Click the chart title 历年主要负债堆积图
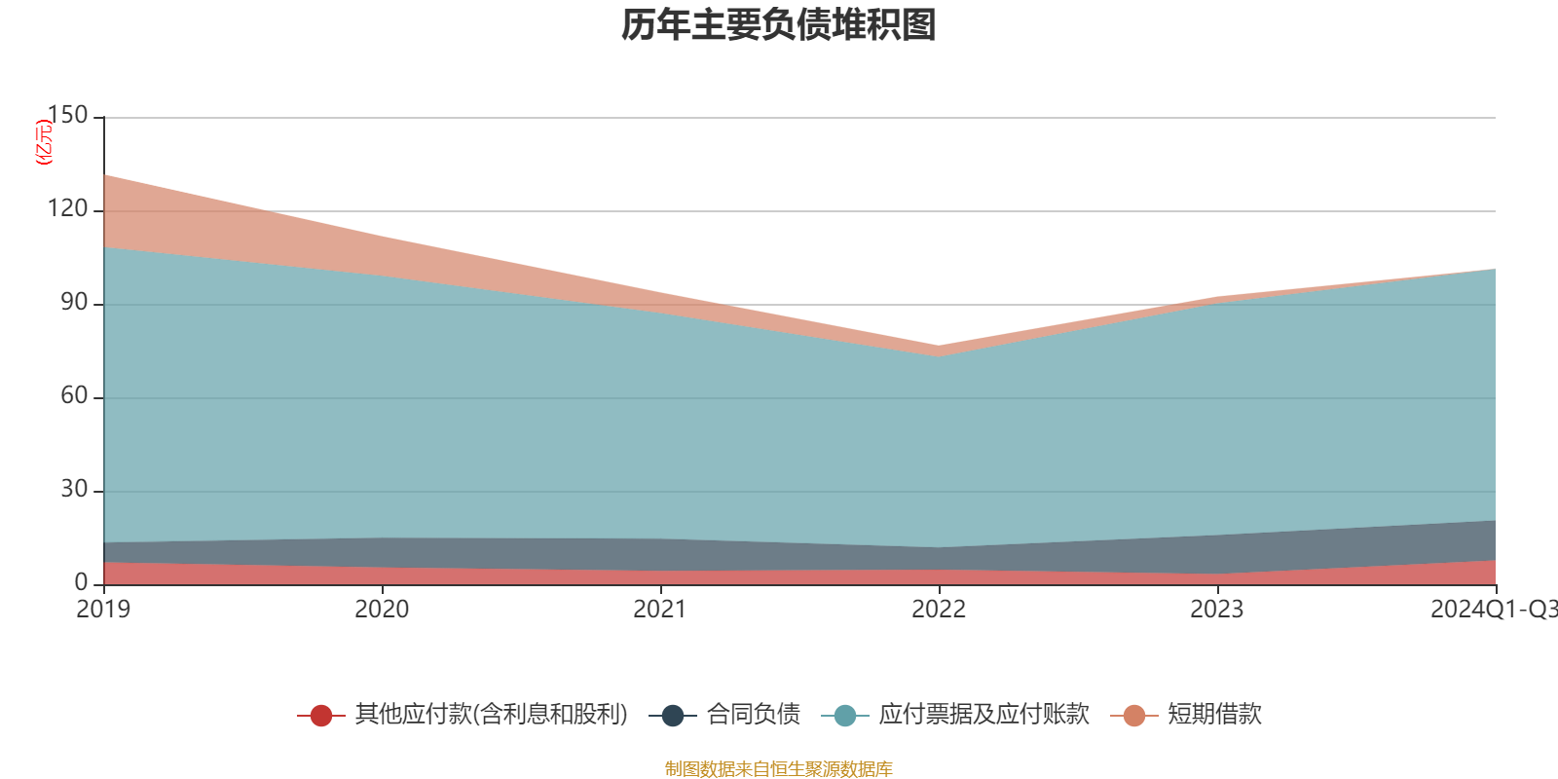click(x=779, y=25)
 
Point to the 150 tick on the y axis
click(x=67, y=115)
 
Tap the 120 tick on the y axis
click(x=67, y=208)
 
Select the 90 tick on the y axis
click(x=74, y=302)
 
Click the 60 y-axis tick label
click(x=74, y=395)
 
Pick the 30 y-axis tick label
click(x=74, y=489)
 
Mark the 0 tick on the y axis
click(x=81, y=582)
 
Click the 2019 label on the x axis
click(x=103, y=610)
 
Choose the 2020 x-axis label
click(x=382, y=610)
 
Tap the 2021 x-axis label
click(x=660, y=610)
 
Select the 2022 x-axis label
click(x=939, y=610)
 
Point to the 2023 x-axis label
click(x=1217, y=610)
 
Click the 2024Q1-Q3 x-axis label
click(x=1493, y=610)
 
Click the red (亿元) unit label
click(x=43, y=142)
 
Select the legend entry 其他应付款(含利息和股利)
click(x=491, y=715)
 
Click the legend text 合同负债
click(x=754, y=715)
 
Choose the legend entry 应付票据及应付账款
click(x=983, y=715)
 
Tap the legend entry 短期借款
click(x=1214, y=715)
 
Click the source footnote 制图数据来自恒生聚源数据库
click(x=779, y=769)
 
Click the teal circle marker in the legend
click(x=845, y=716)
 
